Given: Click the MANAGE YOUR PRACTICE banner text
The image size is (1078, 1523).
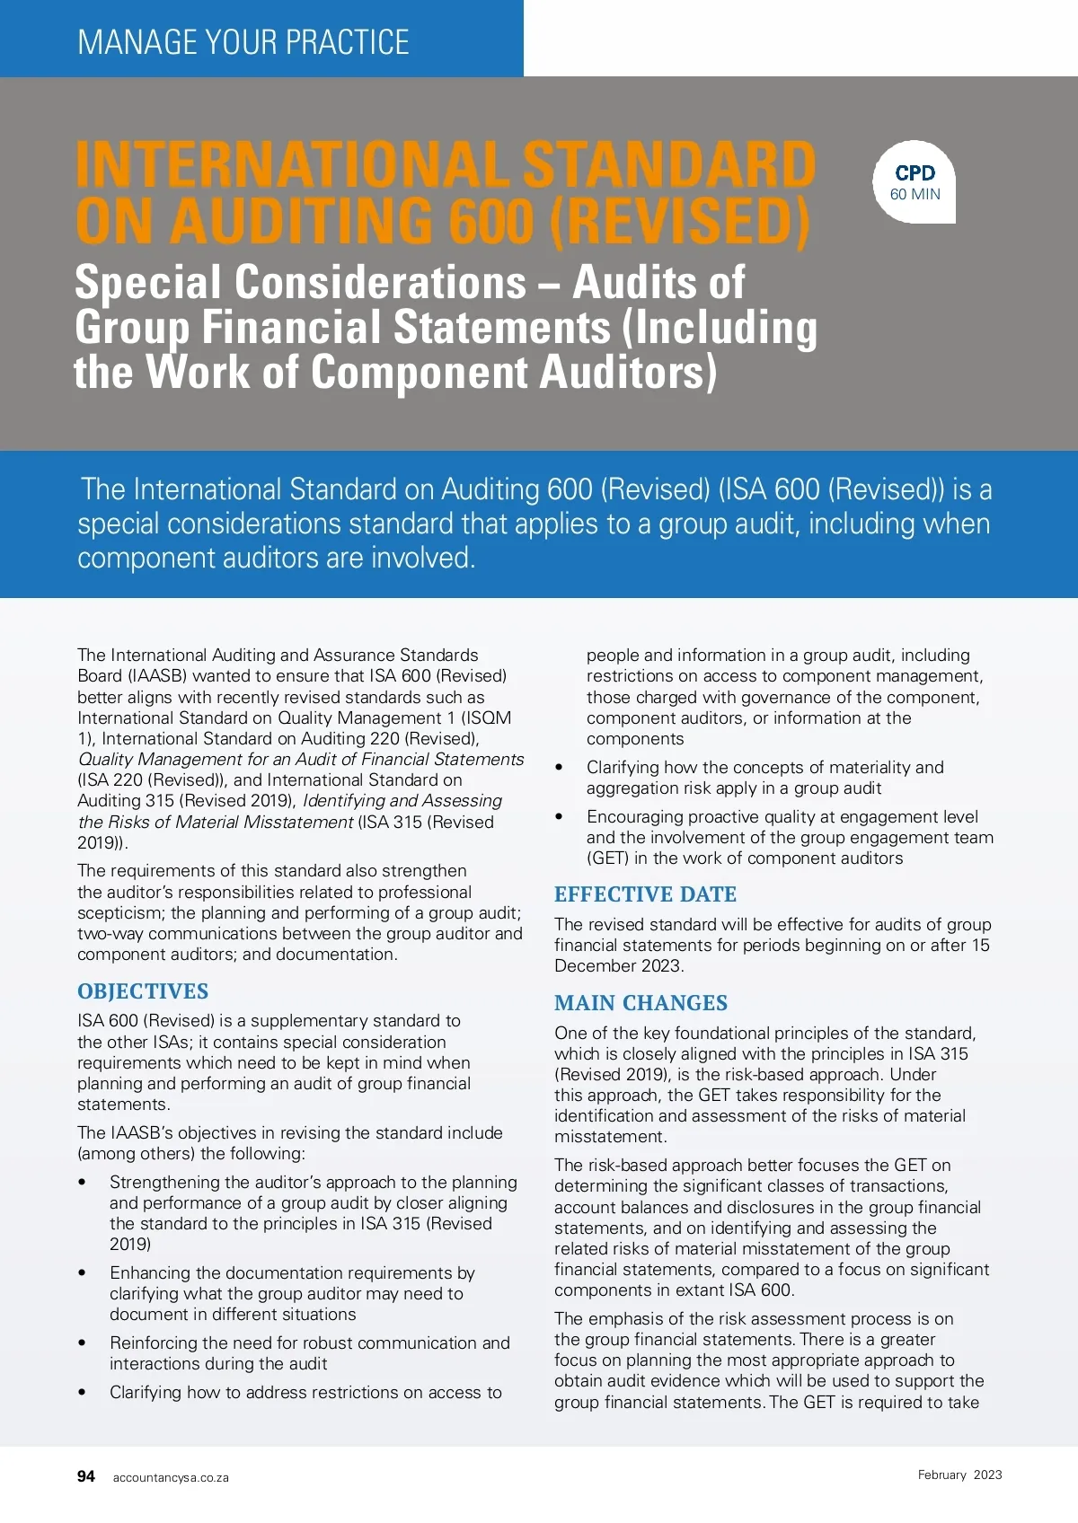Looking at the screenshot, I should pyautogui.click(x=243, y=42).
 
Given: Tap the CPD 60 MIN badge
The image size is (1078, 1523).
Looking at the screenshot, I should pyautogui.click(x=915, y=182).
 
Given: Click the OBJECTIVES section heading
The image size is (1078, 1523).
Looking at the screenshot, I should pyautogui.click(x=143, y=991).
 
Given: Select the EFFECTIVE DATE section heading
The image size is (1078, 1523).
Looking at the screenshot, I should pyautogui.click(x=645, y=894).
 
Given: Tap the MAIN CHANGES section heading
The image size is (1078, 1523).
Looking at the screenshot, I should pyautogui.click(x=641, y=1003).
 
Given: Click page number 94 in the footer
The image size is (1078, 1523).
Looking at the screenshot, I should pyautogui.click(x=86, y=1476).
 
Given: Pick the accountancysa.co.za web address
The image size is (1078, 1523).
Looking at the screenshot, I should pyautogui.click(x=171, y=1478).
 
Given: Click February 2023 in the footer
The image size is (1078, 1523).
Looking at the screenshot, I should pyautogui.click(x=959, y=1475).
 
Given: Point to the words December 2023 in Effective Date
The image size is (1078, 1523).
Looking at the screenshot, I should pyautogui.click(x=618, y=966).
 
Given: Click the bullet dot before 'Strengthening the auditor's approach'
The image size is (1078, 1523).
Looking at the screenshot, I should pyautogui.click(x=83, y=1183).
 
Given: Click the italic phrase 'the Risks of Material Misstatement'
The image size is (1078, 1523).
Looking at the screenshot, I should pyautogui.click(x=216, y=823).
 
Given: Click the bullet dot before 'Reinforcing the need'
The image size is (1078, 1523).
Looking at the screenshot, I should pyautogui.click(x=83, y=1343).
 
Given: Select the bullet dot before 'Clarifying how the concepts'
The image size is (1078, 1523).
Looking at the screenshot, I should pyautogui.click(x=560, y=768).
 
